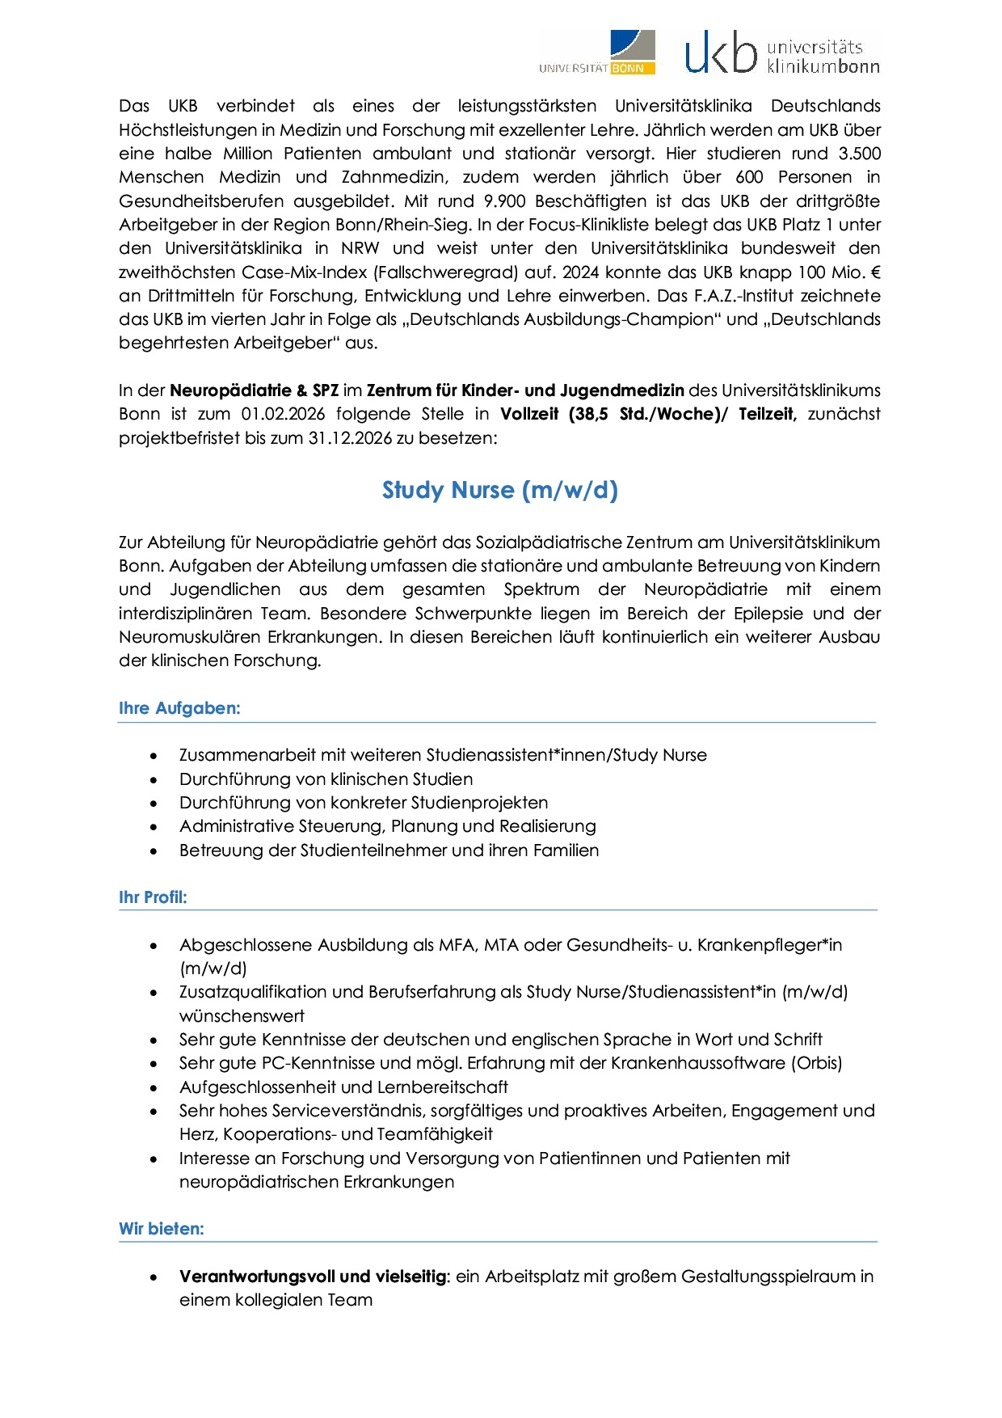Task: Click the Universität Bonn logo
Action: pyautogui.click(x=598, y=53)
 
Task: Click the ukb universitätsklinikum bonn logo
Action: pyautogui.click(x=781, y=53)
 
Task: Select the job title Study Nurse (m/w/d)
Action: pyautogui.click(x=500, y=490)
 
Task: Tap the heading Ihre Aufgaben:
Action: pyautogui.click(x=179, y=708)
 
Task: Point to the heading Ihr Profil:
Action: pyautogui.click(x=153, y=897)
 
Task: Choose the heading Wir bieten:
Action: pyautogui.click(x=162, y=1228)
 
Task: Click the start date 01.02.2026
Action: pyautogui.click(x=283, y=414)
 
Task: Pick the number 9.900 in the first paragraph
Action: pyautogui.click(x=504, y=200)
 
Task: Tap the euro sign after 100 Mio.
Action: pyautogui.click(x=875, y=272)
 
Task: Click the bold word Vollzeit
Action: pyautogui.click(x=529, y=414)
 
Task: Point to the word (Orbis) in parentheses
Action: pyautogui.click(x=816, y=1062)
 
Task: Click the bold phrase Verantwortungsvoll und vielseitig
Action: pyautogui.click(x=313, y=1277)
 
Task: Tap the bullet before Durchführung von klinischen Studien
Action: pyautogui.click(x=154, y=780)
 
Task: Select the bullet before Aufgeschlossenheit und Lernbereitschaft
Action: pyautogui.click(x=154, y=1088)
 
